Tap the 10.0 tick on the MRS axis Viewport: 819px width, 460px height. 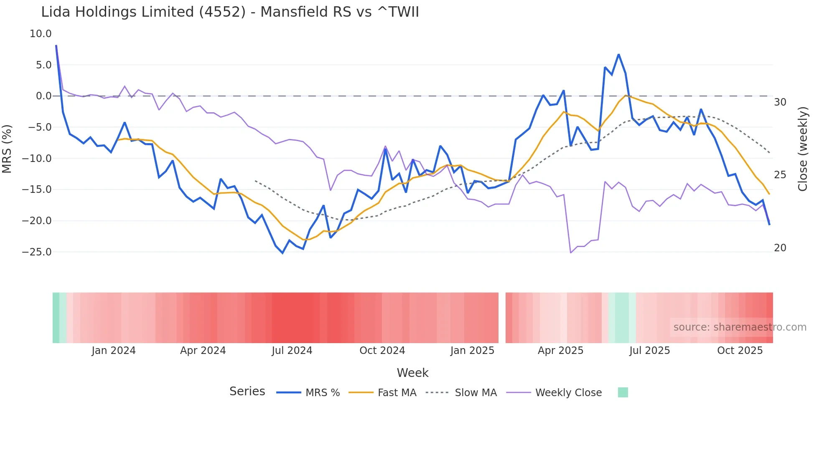tap(41, 34)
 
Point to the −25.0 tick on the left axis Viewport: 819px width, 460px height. tap(37, 252)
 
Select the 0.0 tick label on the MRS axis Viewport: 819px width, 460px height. tap(43, 96)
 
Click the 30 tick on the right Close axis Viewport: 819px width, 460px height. tap(780, 102)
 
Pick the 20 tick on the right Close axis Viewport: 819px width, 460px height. tap(780, 248)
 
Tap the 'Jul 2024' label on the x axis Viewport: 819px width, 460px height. tap(292, 351)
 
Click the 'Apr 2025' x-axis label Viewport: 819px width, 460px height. tap(560, 351)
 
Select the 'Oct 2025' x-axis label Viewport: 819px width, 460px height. tap(740, 351)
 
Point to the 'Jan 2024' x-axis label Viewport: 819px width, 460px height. tap(114, 351)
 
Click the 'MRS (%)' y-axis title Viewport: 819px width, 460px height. tap(7, 149)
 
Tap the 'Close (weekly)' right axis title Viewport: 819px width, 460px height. tap(803, 149)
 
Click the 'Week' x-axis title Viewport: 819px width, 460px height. tap(412, 373)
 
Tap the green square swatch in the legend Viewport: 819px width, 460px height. tap(623, 392)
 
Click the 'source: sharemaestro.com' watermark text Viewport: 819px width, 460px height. tap(740, 327)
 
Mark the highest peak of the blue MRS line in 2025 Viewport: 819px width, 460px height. tap(618, 55)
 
